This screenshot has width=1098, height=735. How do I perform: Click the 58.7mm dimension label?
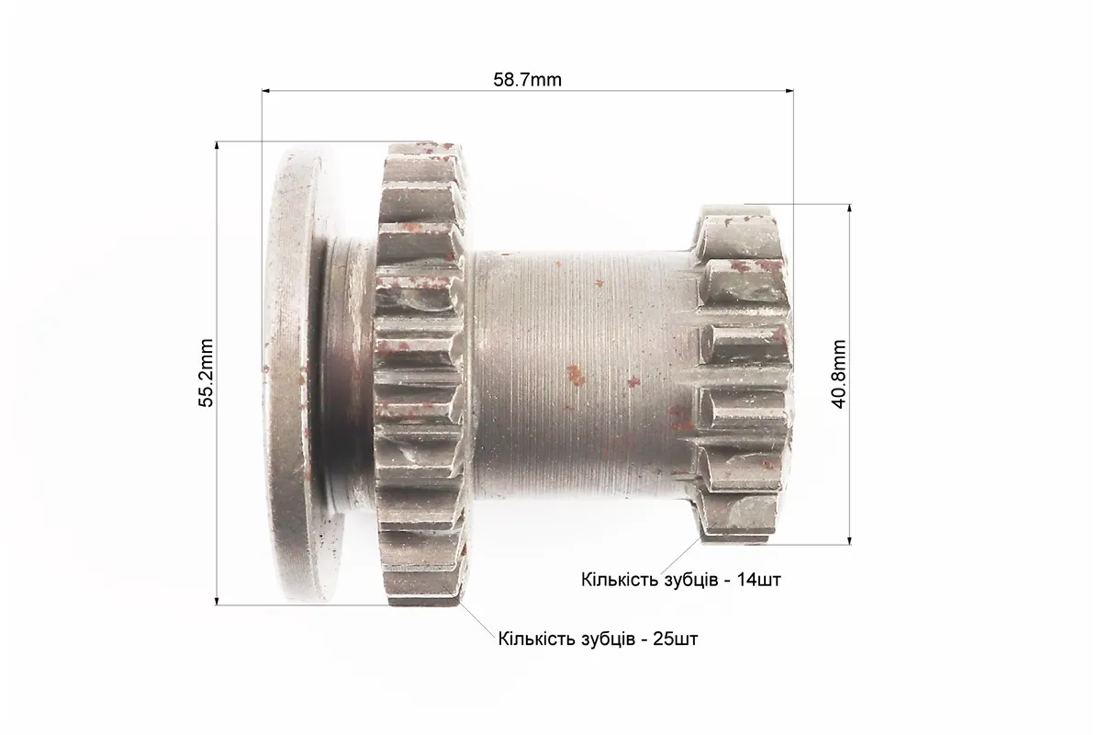tap(527, 79)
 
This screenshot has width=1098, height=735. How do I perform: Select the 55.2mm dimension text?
tap(205, 373)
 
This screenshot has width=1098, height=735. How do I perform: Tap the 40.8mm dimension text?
tap(840, 374)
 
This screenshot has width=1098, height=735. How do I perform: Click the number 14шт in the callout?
tap(759, 580)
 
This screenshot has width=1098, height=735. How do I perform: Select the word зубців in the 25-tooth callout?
tap(608, 639)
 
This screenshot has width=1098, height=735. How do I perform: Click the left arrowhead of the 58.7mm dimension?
tap(266, 90)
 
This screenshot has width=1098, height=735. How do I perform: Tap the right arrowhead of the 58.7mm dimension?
tap(790, 90)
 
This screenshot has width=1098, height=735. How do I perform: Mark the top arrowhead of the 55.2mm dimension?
tap(217, 146)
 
